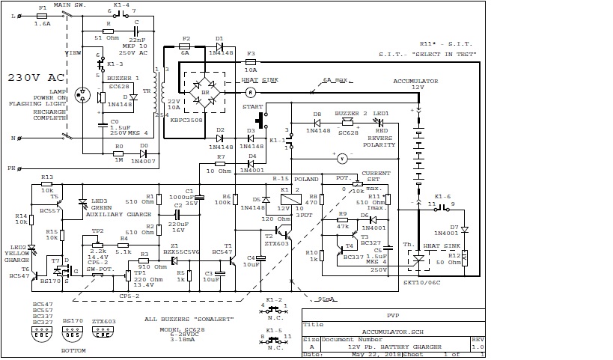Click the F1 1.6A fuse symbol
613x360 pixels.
click(x=42, y=14)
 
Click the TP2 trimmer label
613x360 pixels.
click(x=97, y=231)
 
